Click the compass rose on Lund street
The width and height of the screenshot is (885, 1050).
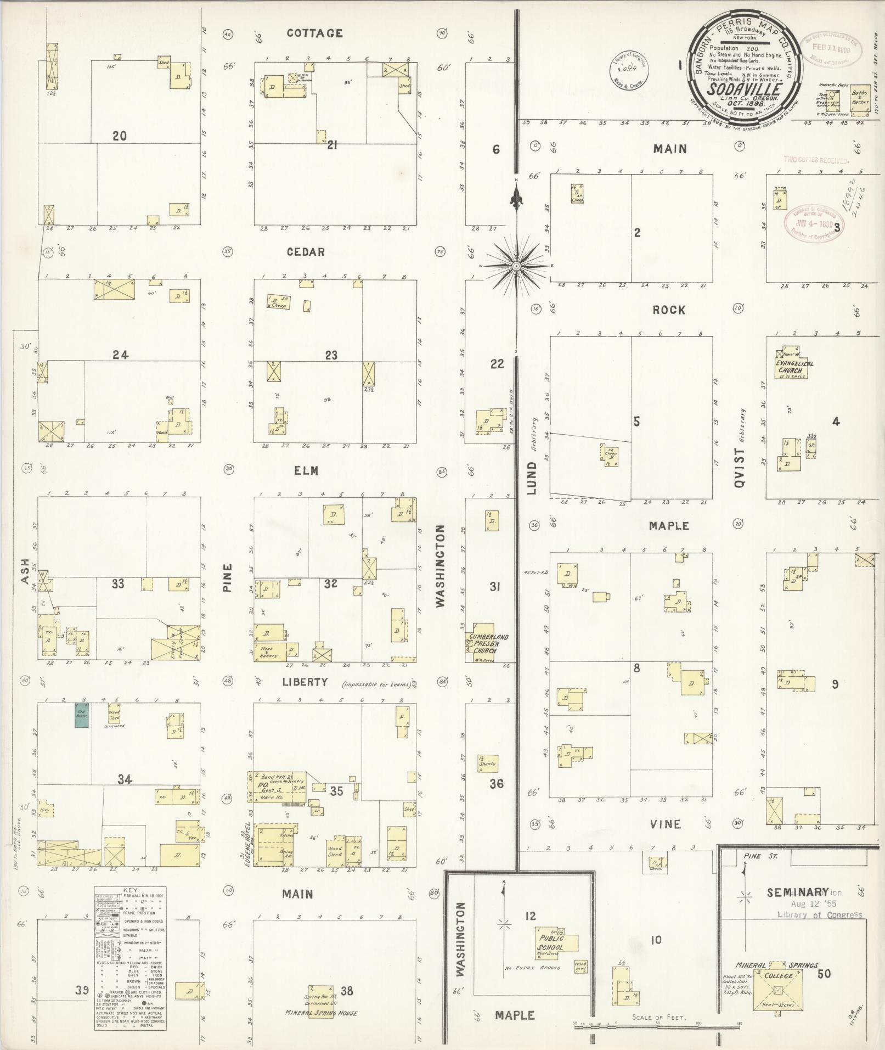coord(516,266)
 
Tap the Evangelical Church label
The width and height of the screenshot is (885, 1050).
coord(794,367)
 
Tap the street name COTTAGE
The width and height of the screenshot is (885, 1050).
coord(314,33)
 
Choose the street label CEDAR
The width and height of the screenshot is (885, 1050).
coord(306,252)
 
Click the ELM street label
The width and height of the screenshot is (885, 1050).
coord(306,471)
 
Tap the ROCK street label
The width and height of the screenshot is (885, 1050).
coord(669,310)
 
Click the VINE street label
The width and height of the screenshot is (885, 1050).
coord(666,824)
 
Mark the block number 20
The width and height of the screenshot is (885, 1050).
coord(119,136)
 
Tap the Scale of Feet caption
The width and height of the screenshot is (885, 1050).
coord(658,1017)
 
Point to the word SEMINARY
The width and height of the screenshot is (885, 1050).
coord(797,892)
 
